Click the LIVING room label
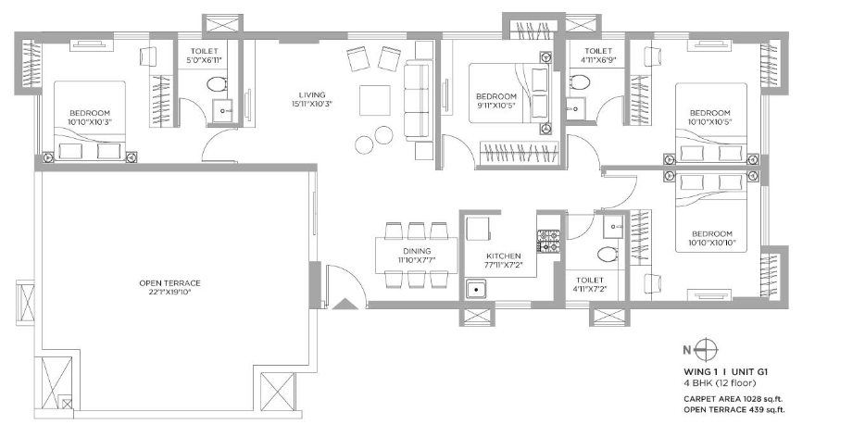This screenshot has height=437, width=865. pos(312,95)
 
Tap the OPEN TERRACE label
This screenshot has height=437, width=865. pos(169,283)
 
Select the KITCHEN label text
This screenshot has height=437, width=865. pos(503,256)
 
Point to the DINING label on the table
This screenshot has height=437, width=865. pos(417,251)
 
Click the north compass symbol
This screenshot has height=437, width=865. pos(707,349)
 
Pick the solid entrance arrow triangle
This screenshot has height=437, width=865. pos(345,304)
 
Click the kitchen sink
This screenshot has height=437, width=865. pos(474,289)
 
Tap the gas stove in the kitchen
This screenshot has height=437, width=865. pos(549,241)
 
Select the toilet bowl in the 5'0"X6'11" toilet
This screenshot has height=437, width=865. pos(217,84)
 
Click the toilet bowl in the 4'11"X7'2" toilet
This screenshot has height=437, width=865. pos(608,255)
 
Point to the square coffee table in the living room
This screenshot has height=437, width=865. pos(374,100)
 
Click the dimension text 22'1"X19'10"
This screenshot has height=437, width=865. pos(169,292)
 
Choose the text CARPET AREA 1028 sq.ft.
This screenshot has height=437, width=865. pos(733,398)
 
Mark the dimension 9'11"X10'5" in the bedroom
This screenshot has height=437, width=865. pos(496,105)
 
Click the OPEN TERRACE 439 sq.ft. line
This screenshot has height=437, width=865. pos(734,409)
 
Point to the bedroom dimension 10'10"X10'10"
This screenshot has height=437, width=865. pos(712,243)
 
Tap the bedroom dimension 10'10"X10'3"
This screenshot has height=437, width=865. pos(89,121)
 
